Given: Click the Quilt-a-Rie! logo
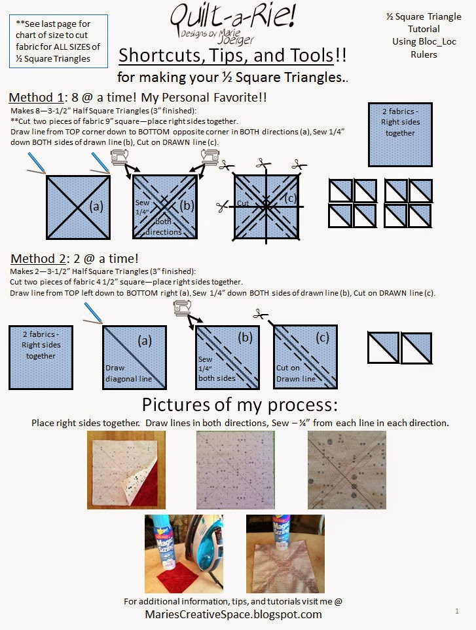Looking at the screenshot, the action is pos(233,24).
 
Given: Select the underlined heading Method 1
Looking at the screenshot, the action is pos(36,98).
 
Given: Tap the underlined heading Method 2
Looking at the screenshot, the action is pos(38,259).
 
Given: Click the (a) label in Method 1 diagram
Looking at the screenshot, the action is pos(96,206).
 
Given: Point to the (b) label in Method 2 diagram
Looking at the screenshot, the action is pos(245,338).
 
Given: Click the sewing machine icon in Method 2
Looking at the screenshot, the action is pos(183,307).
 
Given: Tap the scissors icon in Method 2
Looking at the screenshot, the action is pos(261,315).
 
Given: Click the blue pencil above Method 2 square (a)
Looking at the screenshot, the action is pos(94,313).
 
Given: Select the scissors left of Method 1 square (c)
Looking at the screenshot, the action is pos(222,207).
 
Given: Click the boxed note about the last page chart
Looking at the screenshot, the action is pos(58,41).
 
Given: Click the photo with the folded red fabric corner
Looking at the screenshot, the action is pos(126,470).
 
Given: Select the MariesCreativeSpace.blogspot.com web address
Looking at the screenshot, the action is pos(233,614).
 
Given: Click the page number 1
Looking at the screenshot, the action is pos(457,611).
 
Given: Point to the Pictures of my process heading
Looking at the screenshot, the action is pos(240,405).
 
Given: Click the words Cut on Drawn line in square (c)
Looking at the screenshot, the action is pos(296,373).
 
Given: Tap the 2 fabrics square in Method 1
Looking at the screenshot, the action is pos(400,134).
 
